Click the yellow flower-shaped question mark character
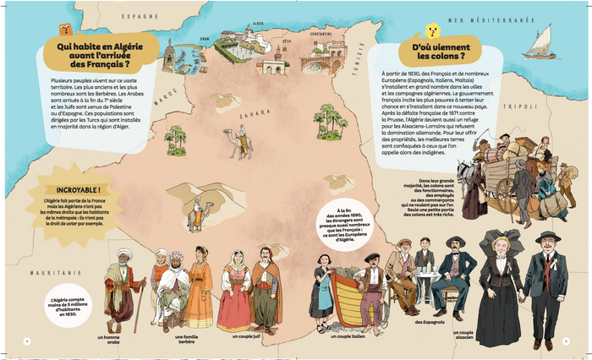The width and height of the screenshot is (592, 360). click(431, 32)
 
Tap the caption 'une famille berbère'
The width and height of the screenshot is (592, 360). click(191, 340)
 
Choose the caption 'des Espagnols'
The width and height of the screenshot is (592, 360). click(430, 322)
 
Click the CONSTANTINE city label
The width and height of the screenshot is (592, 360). click(321, 34)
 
